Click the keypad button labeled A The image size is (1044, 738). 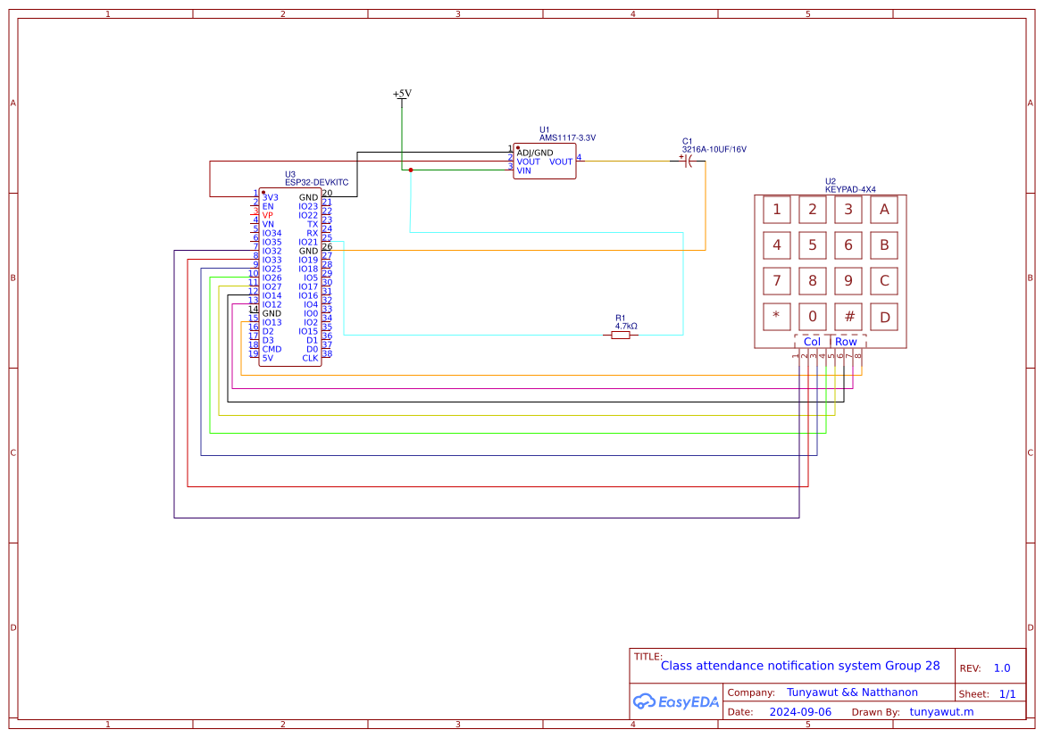[x=884, y=210]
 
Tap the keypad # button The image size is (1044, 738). [x=848, y=316]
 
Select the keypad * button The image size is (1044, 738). [x=776, y=316]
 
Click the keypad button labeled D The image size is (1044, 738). [x=884, y=316]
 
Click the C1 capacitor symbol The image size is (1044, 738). [x=688, y=161]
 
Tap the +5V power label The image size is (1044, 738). [x=402, y=94]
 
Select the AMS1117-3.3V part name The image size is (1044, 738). [x=567, y=138]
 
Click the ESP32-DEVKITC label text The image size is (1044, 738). [x=316, y=182]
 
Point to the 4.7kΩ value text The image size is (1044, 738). [x=626, y=327]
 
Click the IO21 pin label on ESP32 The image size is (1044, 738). [x=308, y=242]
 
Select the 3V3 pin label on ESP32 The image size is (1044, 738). [x=271, y=197]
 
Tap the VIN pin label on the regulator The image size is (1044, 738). [x=523, y=170]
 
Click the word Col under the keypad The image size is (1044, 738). [x=812, y=342]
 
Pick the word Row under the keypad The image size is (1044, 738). [x=846, y=342]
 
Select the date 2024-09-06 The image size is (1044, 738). [x=800, y=712]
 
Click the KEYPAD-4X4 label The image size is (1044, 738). [x=850, y=189]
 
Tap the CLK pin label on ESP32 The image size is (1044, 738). [x=310, y=358]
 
